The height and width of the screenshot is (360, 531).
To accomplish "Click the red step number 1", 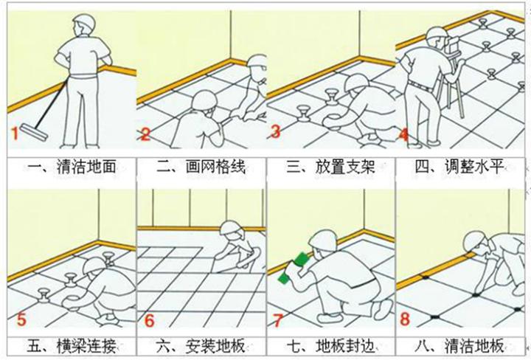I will [x=13, y=134].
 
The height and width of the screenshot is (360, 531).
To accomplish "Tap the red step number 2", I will [x=145, y=134].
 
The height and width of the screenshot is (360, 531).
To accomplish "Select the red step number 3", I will [x=275, y=133].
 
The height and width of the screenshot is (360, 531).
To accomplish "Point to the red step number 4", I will [x=403, y=134].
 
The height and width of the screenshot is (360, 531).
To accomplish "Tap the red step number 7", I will [x=279, y=320].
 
